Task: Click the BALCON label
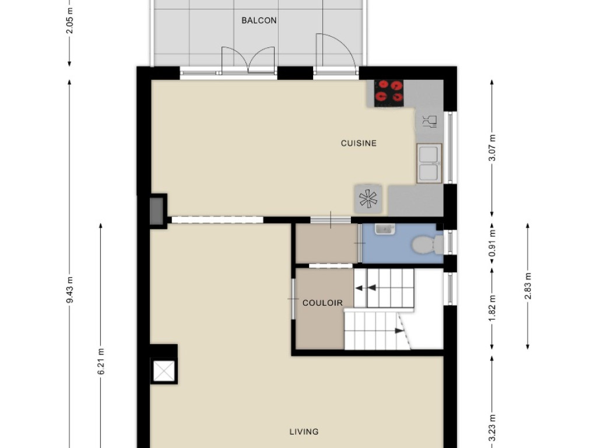(x=259, y=20)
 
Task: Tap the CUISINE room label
(x=359, y=143)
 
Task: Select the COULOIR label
(x=322, y=303)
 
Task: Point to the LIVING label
(x=304, y=432)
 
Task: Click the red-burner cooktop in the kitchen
(x=389, y=93)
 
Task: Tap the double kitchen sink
(x=429, y=163)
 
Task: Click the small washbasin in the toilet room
(x=385, y=229)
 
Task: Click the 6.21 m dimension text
(x=101, y=361)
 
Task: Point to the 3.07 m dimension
(x=492, y=148)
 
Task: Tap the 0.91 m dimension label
(x=492, y=243)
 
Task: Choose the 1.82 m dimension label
(x=492, y=309)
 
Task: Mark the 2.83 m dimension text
(x=528, y=286)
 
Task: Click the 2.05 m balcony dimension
(x=70, y=20)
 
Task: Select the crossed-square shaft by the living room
(x=164, y=371)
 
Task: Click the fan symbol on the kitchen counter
(x=368, y=198)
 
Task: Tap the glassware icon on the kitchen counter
(x=430, y=121)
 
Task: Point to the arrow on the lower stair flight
(x=399, y=331)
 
